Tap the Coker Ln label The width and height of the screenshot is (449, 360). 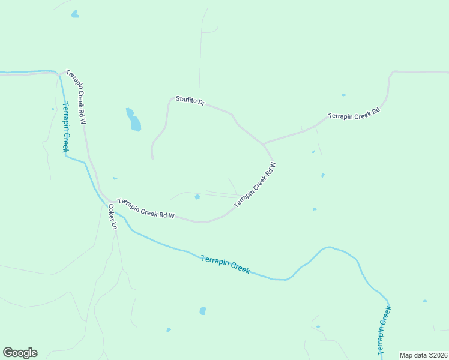(x=112, y=217)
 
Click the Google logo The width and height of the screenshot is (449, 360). (x=20, y=352)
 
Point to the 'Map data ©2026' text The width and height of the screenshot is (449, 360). (x=423, y=355)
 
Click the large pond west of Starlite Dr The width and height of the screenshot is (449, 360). (x=134, y=120)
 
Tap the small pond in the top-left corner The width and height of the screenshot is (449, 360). (x=74, y=14)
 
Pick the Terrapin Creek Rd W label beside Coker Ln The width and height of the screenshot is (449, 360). (x=146, y=208)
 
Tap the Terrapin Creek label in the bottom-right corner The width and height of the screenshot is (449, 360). (x=384, y=331)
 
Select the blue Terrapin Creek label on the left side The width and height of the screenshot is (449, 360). (x=64, y=128)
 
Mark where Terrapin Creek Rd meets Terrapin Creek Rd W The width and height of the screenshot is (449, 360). (x=263, y=143)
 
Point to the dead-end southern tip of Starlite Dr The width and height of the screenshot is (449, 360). (x=153, y=158)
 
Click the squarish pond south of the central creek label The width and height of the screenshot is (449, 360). (x=203, y=311)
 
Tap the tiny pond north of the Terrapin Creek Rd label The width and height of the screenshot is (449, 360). (x=343, y=95)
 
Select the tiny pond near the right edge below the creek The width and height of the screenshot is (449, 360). (x=425, y=301)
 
